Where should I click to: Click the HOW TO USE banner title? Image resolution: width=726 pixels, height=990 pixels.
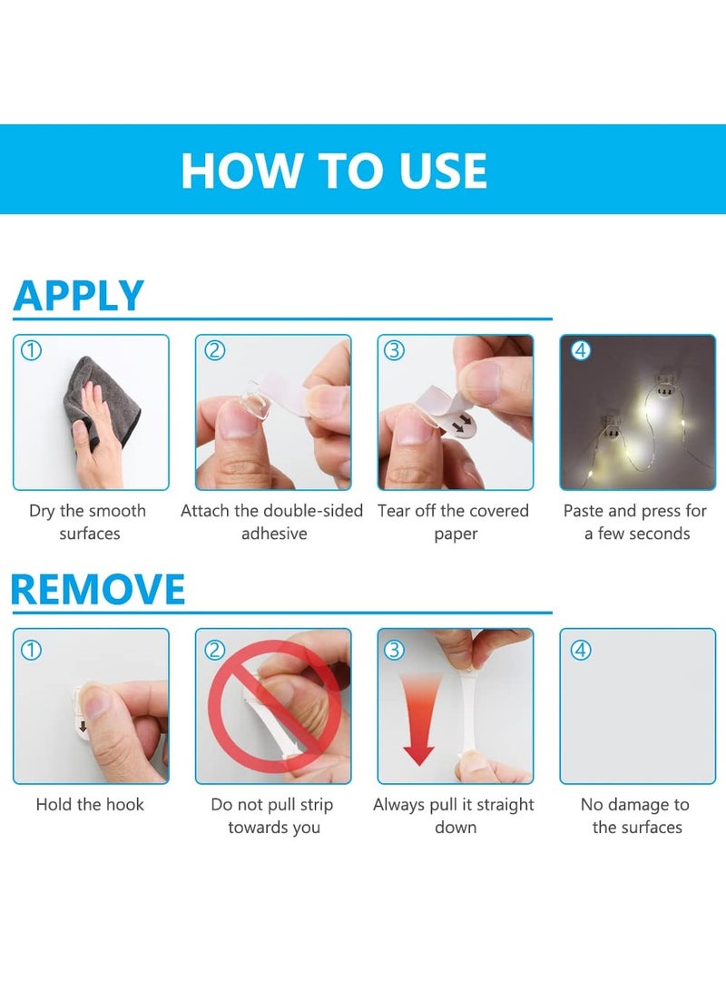[334, 171]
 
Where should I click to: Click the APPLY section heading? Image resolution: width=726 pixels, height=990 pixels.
[79, 296]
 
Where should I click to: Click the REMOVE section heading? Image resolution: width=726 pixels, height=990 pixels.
[98, 590]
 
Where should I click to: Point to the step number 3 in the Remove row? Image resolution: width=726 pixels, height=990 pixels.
[395, 650]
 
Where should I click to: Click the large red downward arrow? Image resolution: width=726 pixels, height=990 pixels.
[418, 726]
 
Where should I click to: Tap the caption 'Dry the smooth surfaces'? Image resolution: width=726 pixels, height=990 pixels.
[90, 522]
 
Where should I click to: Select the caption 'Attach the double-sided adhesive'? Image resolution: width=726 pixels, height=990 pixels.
[272, 522]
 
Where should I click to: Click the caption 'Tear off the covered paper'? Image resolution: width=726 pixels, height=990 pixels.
[454, 522]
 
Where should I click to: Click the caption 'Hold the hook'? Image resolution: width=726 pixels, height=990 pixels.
[90, 805]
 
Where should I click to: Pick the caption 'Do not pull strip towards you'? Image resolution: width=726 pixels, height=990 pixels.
[272, 816]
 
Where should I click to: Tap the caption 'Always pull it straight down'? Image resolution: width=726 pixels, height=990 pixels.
[454, 816]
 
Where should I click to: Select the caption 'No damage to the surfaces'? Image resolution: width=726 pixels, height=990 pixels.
[636, 816]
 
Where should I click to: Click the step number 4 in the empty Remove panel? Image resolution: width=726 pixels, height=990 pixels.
[581, 650]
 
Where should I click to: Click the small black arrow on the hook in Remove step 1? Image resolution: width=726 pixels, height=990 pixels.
[83, 726]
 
